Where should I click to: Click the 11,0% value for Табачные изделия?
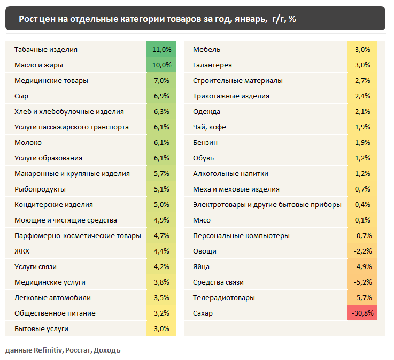161,49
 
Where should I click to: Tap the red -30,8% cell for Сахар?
362,313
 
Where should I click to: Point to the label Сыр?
21,96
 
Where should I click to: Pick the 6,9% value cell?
161,96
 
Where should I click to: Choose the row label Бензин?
205,142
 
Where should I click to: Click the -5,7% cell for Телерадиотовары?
362,297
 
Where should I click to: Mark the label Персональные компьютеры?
241,235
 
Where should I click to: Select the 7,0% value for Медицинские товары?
161,80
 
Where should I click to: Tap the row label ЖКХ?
22,251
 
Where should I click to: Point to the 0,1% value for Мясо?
362,220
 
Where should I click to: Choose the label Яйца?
201,266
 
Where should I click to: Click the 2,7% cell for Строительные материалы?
362,80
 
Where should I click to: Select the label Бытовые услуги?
42,328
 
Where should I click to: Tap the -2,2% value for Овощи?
362,251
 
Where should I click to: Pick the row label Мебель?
206,49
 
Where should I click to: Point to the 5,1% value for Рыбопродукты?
161,189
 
